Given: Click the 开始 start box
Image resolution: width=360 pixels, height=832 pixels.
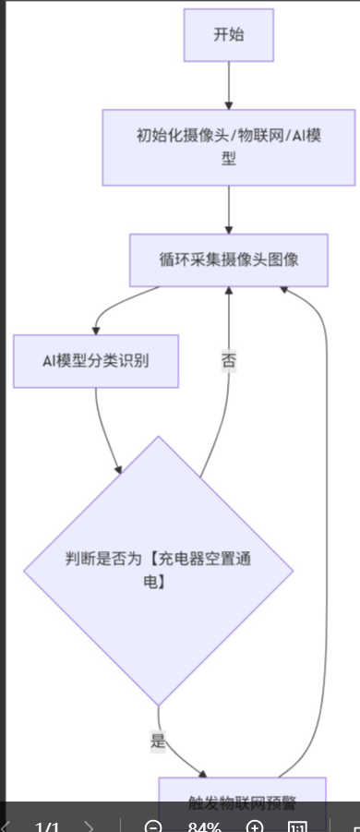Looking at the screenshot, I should click(x=228, y=35).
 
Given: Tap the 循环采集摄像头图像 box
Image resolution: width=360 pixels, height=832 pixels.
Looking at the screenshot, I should click(x=228, y=259).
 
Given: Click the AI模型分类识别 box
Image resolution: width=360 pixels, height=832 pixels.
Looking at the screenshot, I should click(x=96, y=360).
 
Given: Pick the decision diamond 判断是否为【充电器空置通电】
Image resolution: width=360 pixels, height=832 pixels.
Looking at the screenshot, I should click(x=158, y=571).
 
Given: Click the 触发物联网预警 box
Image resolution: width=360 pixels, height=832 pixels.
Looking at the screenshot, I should click(x=242, y=802).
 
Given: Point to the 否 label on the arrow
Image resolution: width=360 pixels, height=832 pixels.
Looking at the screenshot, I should click(x=229, y=360).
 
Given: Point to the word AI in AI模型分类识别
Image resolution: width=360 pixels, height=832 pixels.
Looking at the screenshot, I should click(x=51, y=360).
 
